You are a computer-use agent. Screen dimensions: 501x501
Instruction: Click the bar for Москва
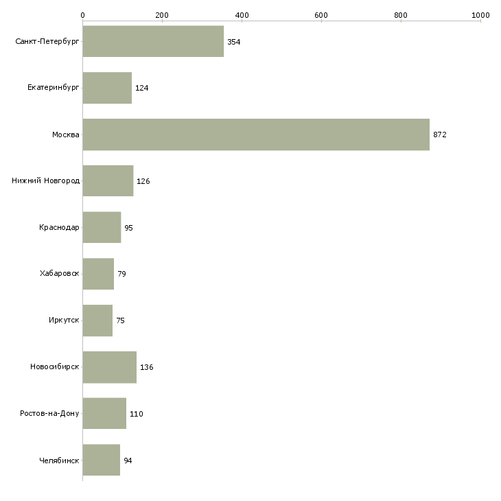click(256, 135)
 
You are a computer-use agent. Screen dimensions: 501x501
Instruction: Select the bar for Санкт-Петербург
click(153, 41)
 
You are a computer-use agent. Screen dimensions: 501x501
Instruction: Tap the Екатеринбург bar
click(107, 88)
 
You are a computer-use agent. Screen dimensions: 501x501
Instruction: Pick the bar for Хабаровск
click(98, 274)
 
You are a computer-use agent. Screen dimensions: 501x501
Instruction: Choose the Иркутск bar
click(97, 321)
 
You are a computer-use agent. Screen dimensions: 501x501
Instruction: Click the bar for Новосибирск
click(110, 367)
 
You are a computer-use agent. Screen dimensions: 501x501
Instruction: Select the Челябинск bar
click(102, 460)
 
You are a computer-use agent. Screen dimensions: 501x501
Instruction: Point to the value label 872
click(440, 135)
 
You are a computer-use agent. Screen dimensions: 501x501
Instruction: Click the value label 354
click(233, 42)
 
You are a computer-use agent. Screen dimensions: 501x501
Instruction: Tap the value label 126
click(143, 181)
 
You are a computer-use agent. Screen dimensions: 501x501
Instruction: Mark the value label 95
click(128, 228)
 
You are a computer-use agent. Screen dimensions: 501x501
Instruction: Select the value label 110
click(136, 414)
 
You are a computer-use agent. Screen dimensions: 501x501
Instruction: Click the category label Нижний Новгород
click(46, 181)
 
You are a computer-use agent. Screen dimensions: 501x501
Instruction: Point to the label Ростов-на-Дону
click(49, 413)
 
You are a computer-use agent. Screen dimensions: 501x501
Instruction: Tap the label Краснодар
click(59, 227)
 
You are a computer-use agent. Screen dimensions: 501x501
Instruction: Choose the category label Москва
click(65, 135)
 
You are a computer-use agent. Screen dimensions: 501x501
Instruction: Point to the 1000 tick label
click(480, 15)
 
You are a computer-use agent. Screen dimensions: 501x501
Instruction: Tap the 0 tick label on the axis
click(83, 15)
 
